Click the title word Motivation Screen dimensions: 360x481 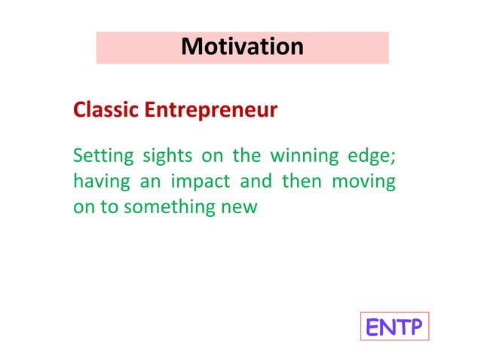[x=242, y=47]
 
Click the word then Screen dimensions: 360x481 [x=302, y=182]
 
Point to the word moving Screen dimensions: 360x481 [x=364, y=182]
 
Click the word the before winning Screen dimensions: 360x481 [x=246, y=157]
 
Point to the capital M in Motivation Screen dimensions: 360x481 [x=192, y=47]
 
